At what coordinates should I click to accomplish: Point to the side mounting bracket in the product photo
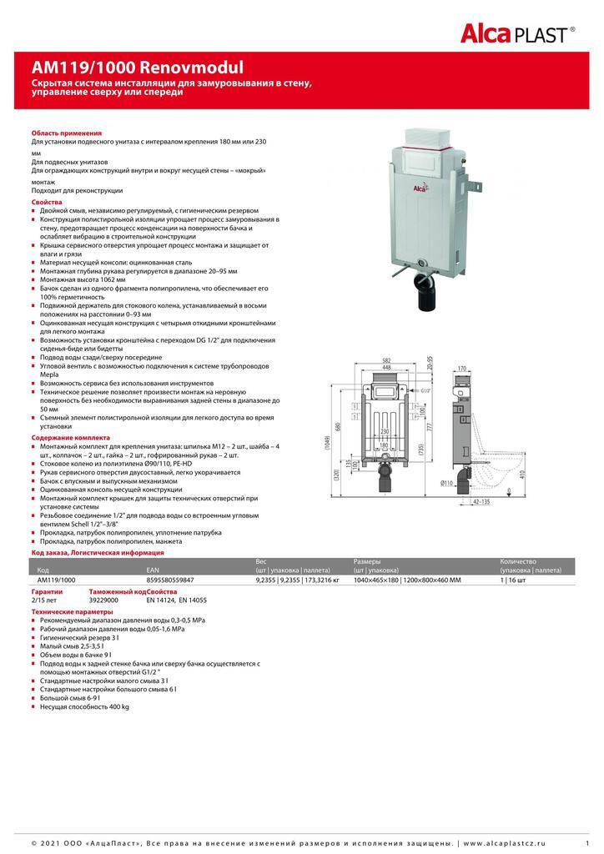[474, 180]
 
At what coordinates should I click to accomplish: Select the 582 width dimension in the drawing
[386, 359]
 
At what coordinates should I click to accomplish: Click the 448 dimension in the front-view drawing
[386, 367]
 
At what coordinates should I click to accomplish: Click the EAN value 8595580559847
[170, 579]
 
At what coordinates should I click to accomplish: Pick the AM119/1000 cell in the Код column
[57, 579]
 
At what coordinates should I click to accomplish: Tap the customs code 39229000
[103, 600]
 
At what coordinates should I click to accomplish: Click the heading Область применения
[67, 133]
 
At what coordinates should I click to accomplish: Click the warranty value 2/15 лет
[44, 600]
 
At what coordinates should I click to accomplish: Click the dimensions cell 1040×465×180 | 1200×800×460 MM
[407, 579]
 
